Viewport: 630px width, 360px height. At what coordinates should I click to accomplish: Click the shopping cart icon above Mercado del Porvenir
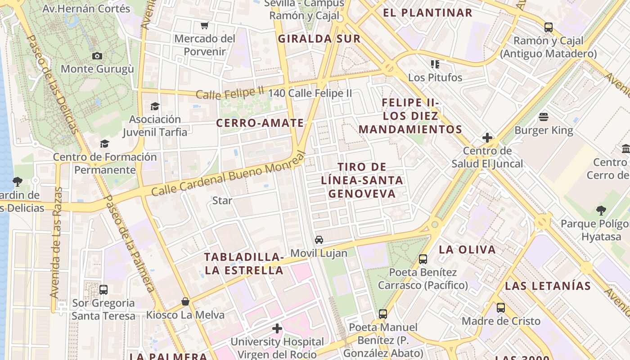coord(205,25)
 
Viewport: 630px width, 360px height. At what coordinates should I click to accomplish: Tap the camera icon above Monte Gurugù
coord(97,56)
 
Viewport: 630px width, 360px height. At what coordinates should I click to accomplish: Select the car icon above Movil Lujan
coord(319,240)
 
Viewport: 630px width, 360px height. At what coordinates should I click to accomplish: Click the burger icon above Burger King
coord(544,117)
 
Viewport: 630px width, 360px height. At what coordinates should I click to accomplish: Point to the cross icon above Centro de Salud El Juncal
coord(487,138)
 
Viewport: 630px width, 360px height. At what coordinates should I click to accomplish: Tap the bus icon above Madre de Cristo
coord(501,308)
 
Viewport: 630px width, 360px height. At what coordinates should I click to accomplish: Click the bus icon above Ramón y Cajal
coord(549,27)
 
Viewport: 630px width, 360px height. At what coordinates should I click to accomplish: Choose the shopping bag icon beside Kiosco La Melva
coord(185,301)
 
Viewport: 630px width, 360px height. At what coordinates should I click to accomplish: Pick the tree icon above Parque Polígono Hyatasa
coord(601,210)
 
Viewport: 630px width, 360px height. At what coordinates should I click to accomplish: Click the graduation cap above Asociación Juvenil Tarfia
coord(155,106)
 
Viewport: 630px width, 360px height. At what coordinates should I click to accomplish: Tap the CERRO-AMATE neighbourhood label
coord(260,123)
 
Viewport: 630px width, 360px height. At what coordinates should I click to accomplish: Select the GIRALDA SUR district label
coord(319,39)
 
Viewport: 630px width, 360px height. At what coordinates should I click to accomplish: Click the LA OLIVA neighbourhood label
coord(467,249)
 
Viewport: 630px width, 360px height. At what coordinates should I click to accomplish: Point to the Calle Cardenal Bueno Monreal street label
coord(228,174)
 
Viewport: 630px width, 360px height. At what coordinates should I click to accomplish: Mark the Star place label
coord(222,200)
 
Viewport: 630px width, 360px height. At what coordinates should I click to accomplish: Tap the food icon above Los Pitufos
coord(435,64)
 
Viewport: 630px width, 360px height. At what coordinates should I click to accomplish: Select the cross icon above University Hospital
coord(277,328)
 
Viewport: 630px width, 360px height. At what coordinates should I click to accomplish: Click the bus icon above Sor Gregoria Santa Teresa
coord(103,290)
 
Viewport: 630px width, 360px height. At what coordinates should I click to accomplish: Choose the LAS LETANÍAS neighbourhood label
coord(548,286)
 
